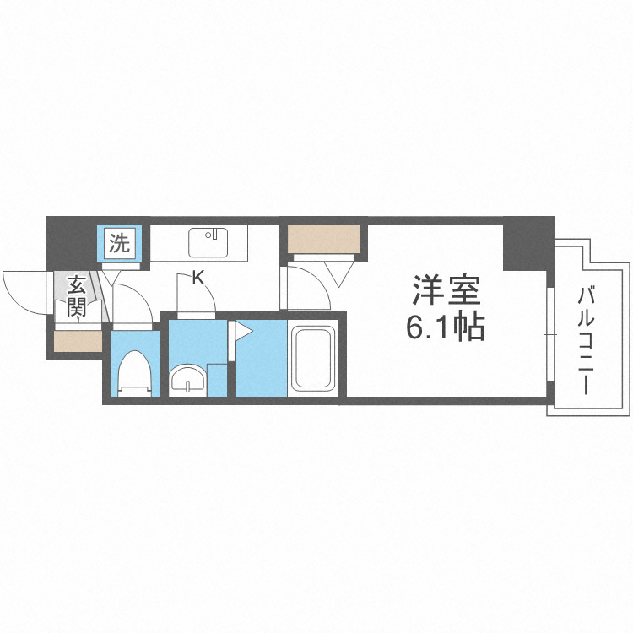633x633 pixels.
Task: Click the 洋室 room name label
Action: click(x=446, y=291)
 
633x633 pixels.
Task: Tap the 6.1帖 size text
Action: click(x=446, y=327)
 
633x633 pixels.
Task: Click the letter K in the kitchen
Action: click(x=199, y=277)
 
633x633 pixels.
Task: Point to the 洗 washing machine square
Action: click(x=120, y=244)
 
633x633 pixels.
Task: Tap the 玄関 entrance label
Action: click(x=77, y=295)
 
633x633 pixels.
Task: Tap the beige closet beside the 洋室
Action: click(x=325, y=240)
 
